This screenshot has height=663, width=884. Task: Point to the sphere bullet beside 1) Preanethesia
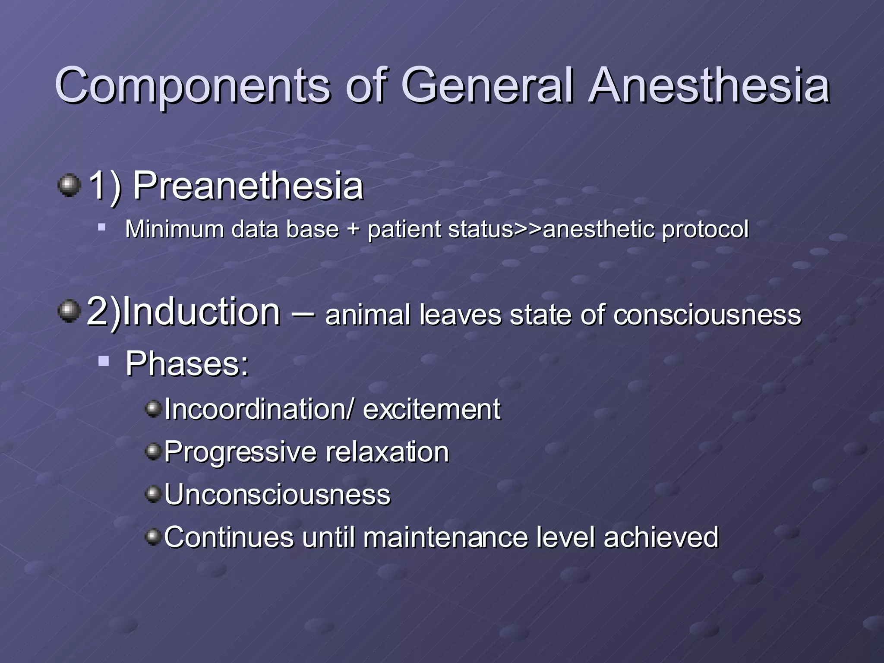69,186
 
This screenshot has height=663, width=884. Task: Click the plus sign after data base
353,229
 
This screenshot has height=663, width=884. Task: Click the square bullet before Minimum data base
102,227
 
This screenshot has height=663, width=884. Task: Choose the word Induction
201,312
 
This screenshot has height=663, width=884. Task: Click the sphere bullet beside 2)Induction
69,312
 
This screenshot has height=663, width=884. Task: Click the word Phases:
187,364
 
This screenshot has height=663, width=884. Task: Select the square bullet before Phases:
104,360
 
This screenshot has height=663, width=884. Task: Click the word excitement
432,409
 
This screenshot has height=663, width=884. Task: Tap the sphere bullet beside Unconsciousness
153,493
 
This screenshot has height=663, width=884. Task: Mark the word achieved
661,538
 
